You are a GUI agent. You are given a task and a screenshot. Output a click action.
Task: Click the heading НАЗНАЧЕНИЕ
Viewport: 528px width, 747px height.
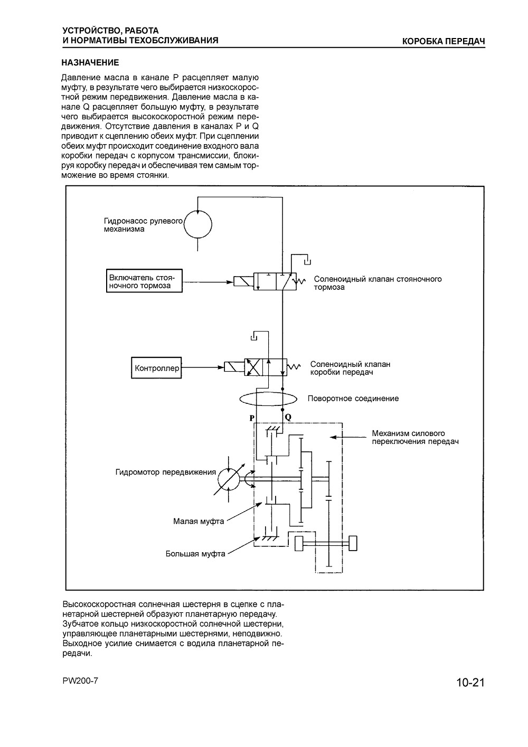coord(90,63)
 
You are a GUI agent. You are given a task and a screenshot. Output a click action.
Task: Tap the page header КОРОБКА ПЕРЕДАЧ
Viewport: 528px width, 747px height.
coord(444,41)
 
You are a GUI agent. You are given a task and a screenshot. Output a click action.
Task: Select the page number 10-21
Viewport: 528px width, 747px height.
coord(470,682)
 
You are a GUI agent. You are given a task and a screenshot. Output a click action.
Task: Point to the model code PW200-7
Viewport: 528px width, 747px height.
coord(80,680)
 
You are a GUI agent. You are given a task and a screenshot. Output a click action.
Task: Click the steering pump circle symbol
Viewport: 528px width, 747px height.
coord(198,224)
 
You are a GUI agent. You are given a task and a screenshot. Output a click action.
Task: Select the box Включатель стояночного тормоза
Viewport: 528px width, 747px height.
coord(145,281)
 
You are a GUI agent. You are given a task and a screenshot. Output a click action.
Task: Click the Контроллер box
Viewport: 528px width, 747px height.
coord(156,368)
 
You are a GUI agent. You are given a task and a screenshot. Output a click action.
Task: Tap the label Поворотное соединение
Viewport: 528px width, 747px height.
coord(353,399)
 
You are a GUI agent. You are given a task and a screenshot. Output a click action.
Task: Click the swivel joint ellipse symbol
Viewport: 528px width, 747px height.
coord(268,399)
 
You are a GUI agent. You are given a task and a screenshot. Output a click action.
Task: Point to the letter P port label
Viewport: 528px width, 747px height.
coord(252,418)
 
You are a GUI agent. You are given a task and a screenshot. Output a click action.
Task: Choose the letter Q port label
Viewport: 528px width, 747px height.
coord(288,417)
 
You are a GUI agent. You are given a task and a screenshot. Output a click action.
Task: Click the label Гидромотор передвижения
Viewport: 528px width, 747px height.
coord(166,472)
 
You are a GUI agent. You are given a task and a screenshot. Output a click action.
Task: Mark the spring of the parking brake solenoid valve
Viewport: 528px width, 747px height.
coord(300,281)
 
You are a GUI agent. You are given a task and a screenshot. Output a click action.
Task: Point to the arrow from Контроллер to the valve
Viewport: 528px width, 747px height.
coord(203,367)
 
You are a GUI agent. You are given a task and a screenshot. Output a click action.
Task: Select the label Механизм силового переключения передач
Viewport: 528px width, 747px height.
coord(415,438)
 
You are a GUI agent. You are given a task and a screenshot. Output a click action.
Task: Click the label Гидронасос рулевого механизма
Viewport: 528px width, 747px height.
coord(144,225)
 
